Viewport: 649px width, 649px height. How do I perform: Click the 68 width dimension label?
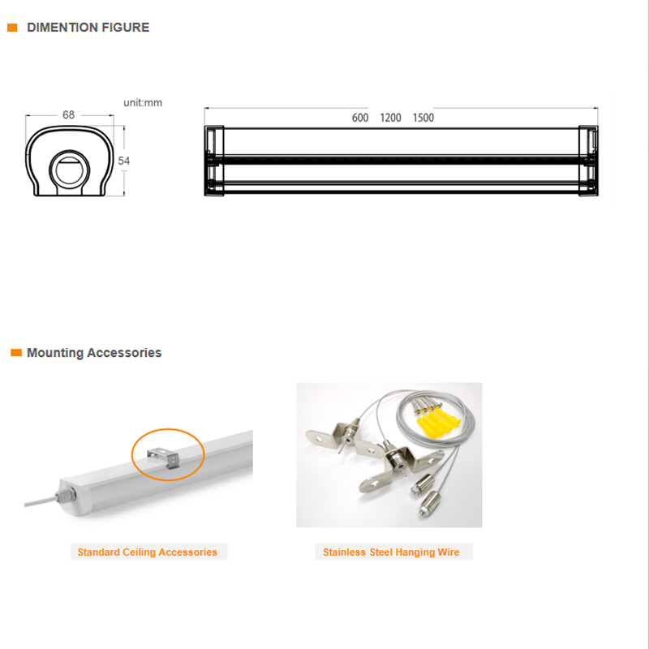pos(68,114)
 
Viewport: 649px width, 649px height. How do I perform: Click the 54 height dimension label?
pos(124,161)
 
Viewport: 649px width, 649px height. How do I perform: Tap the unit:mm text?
pos(143,103)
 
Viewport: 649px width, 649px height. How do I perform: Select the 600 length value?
pos(360,118)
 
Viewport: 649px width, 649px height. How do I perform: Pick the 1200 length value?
pos(390,118)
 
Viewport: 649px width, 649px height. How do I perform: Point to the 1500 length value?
pos(423,118)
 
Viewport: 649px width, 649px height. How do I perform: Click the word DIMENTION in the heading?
pos(62,28)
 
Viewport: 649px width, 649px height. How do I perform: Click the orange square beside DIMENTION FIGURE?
pos(12,28)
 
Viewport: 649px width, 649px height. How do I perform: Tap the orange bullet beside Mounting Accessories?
pos(16,352)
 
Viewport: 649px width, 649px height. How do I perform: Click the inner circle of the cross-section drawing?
pos(69,170)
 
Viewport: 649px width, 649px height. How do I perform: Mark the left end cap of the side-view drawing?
pos(214,161)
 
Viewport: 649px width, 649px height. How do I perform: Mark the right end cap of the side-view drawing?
pos(588,161)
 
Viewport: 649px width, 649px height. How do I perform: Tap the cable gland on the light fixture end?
pos(67,495)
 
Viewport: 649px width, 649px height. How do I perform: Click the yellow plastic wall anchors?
pos(437,424)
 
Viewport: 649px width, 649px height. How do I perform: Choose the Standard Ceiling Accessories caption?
pos(148,552)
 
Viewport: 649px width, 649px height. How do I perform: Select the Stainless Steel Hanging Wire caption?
pos(391,552)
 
